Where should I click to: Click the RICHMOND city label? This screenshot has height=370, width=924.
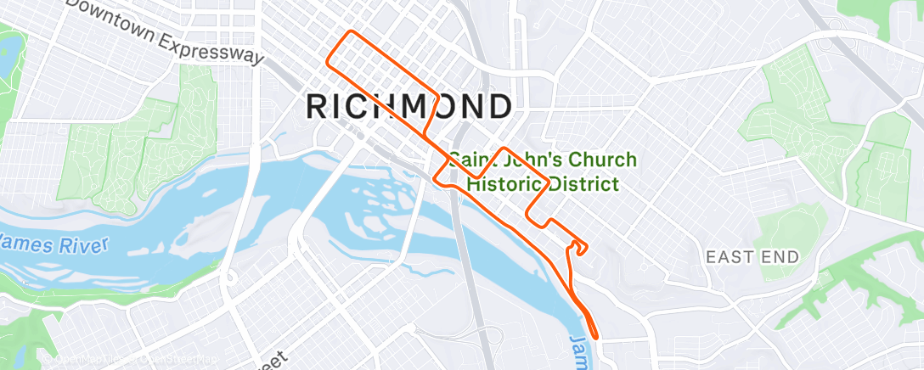(408, 107)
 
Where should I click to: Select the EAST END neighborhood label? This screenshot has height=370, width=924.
(752, 256)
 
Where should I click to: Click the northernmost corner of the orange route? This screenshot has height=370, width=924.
(349, 32)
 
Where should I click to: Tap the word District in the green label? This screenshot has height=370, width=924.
(583, 183)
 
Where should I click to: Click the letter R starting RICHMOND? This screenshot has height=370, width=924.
(316, 107)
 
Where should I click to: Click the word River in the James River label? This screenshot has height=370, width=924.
(83, 247)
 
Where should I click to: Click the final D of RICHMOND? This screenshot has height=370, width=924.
(498, 107)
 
